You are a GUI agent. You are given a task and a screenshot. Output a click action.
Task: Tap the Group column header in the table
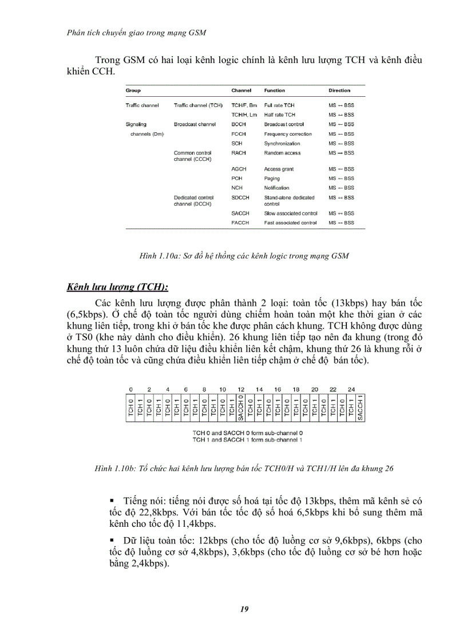point(133,90)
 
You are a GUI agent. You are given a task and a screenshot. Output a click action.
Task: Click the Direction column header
point(339,90)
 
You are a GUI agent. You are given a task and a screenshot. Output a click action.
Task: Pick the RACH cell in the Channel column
point(239,153)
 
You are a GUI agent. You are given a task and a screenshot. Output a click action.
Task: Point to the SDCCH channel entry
point(240,198)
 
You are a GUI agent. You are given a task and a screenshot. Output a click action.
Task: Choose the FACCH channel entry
point(240,223)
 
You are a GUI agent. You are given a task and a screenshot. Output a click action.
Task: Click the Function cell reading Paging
point(272,179)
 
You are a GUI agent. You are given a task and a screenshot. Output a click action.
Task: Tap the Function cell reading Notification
point(276,188)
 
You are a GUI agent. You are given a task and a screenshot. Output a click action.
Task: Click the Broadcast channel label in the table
point(195,124)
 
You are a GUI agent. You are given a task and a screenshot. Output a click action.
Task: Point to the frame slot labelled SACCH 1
point(360,408)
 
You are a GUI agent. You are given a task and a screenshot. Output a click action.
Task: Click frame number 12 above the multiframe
point(241,389)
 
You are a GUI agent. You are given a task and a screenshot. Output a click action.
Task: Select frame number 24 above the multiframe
point(351,389)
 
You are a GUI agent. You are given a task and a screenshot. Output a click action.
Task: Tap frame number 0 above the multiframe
point(131,389)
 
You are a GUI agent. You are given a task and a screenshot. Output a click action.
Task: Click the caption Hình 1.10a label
point(160,257)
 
